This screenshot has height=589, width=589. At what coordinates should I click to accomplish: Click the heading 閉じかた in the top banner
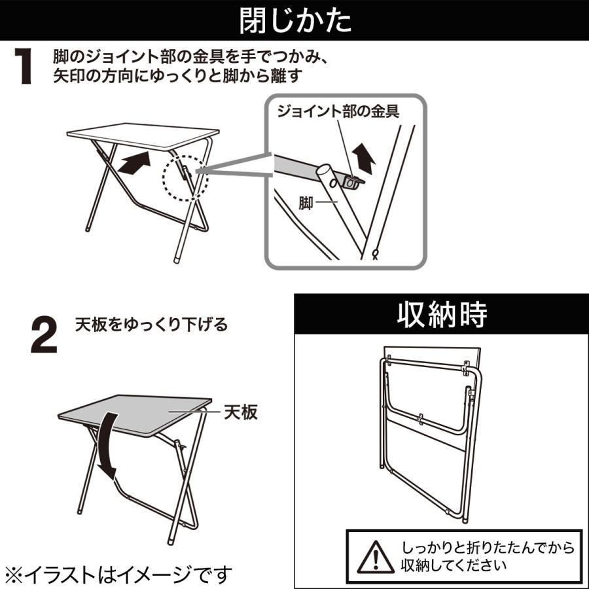point(294,21)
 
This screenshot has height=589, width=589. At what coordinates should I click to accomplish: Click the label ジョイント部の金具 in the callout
point(338,111)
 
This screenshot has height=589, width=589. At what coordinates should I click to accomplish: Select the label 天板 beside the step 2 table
point(241,412)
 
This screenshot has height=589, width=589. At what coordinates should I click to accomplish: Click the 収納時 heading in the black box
point(442,315)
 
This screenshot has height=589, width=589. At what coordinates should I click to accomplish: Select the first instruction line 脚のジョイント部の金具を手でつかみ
point(190,58)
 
